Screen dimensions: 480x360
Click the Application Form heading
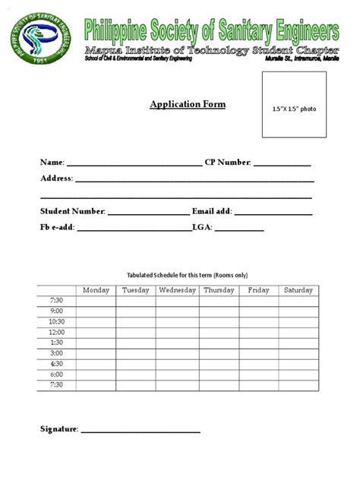click(187, 105)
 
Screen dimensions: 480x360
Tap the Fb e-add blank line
click(134, 229)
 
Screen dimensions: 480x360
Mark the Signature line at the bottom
click(141, 431)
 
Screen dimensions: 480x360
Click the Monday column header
click(96, 290)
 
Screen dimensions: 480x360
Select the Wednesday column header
click(177, 290)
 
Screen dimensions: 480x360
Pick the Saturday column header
click(298, 290)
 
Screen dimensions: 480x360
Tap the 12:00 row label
click(56, 332)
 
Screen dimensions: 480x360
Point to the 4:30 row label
click(56, 364)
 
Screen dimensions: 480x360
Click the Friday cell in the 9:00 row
click(258, 311)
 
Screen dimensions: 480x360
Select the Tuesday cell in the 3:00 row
click(136, 353)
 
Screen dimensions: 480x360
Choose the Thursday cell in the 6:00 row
click(219, 374)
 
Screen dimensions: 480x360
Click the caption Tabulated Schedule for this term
click(186, 275)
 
